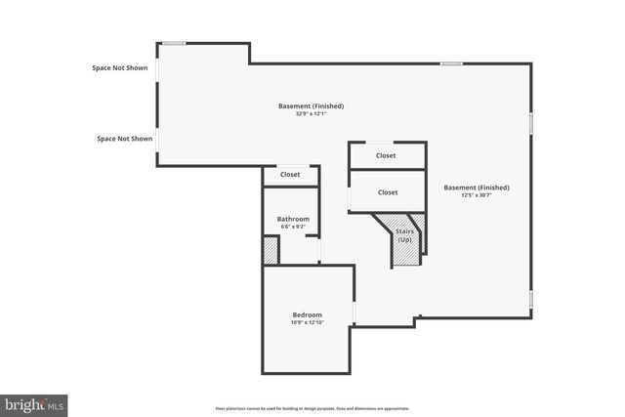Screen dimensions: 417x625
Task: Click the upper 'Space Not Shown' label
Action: [119, 68]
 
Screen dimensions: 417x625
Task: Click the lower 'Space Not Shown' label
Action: [125, 139]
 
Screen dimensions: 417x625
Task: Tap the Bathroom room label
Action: [293, 219]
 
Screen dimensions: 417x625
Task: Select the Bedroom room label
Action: [307, 314]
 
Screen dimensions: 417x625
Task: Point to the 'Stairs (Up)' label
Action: [404, 236]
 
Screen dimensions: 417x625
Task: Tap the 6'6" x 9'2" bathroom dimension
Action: [293, 227]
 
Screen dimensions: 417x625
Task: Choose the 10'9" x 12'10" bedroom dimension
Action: [307, 322]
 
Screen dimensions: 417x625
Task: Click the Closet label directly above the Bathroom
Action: [290, 175]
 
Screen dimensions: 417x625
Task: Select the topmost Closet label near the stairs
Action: [387, 155]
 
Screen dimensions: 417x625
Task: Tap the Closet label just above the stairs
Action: [388, 192]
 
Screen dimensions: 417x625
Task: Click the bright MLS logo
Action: [34, 402]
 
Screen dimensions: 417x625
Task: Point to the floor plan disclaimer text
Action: [312, 408]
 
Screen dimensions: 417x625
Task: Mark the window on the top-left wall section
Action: [174, 43]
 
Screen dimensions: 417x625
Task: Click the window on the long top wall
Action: [450, 64]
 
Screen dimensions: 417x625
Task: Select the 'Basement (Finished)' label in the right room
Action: [477, 188]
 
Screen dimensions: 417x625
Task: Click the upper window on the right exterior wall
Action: [531, 122]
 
